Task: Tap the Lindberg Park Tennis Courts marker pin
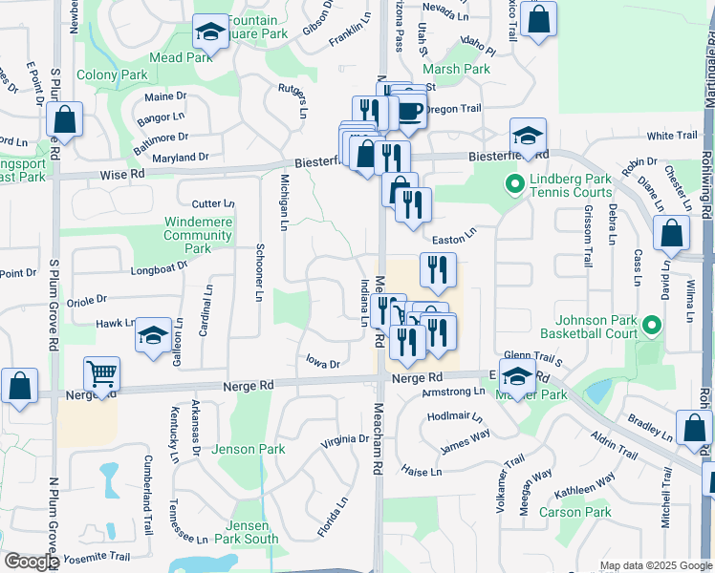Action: click(x=514, y=182)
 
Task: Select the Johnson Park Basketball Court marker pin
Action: click(x=652, y=326)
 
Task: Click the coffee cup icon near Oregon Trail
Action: click(x=411, y=111)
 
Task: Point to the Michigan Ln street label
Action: click(x=284, y=202)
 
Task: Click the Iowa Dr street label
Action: click(x=322, y=364)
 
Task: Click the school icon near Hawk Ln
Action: click(x=153, y=335)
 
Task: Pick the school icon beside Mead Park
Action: click(x=209, y=32)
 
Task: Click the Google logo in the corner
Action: click(x=32, y=562)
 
